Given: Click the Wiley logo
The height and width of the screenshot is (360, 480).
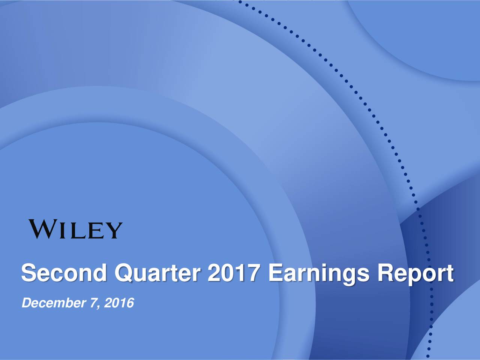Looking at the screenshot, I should click(x=75, y=229).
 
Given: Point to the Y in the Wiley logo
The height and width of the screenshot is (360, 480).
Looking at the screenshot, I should click(x=114, y=230).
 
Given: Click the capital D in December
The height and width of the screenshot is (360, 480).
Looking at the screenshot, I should click(x=26, y=303).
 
